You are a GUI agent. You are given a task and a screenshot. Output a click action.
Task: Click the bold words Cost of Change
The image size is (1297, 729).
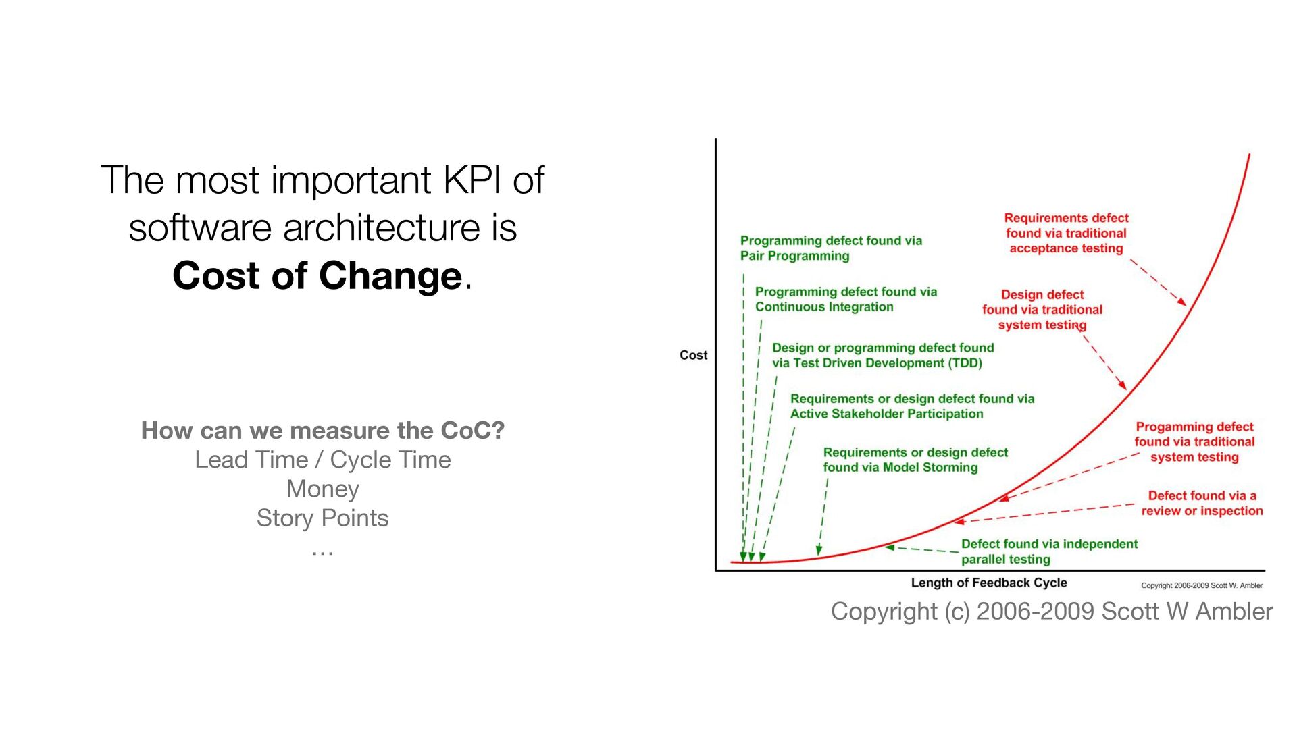coord(317,275)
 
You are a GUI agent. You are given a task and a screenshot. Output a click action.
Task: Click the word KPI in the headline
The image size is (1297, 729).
coord(473,180)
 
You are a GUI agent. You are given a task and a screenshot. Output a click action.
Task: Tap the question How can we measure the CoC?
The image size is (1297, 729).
coord(323,430)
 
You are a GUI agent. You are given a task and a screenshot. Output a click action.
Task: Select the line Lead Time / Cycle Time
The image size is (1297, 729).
coord(323,460)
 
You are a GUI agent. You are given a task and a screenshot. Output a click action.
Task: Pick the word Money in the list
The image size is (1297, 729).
coord(323,489)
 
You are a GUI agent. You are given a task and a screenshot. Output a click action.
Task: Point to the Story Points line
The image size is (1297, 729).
coord(323,518)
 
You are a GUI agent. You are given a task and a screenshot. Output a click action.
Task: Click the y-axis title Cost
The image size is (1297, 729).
coord(693,355)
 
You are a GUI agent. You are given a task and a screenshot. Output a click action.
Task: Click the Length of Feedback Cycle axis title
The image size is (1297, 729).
coord(989,583)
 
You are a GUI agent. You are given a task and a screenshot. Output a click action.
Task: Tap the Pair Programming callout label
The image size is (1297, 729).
coord(831,248)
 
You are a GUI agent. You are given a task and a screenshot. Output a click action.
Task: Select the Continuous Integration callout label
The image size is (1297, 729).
coord(846,299)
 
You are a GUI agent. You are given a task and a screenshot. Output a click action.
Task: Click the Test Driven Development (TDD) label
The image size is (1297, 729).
coord(883,355)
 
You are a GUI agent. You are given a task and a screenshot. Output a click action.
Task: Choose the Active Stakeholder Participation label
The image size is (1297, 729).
coord(912,406)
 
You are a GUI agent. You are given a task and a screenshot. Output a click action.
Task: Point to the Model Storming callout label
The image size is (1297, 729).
coord(915,460)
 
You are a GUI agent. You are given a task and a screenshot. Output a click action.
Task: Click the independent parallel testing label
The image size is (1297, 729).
coord(1049,551)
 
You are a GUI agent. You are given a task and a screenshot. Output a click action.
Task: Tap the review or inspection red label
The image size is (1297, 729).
coord(1202,504)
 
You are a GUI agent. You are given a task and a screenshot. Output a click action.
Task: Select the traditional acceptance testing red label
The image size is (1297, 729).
coord(1066,233)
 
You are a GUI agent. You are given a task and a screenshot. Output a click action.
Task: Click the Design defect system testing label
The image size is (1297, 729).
coord(1042,310)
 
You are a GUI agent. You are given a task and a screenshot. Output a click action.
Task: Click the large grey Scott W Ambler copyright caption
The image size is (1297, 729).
coord(1052,611)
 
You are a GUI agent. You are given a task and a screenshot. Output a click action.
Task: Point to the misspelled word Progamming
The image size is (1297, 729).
coord(1168,427)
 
